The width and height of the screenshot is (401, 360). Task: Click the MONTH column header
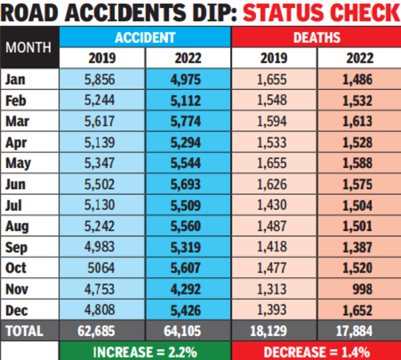click(x=29, y=48)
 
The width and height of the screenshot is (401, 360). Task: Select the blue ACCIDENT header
click(x=145, y=37)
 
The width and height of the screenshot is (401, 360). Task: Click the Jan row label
click(x=15, y=79)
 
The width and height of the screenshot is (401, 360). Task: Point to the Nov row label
click(x=17, y=289)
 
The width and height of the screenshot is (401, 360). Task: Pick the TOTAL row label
click(x=24, y=330)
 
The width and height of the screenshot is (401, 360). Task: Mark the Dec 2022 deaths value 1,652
click(x=359, y=309)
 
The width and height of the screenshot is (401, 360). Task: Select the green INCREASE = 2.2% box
click(x=145, y=351)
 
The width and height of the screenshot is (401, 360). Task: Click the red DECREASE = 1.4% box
click(x=316, y=351)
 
